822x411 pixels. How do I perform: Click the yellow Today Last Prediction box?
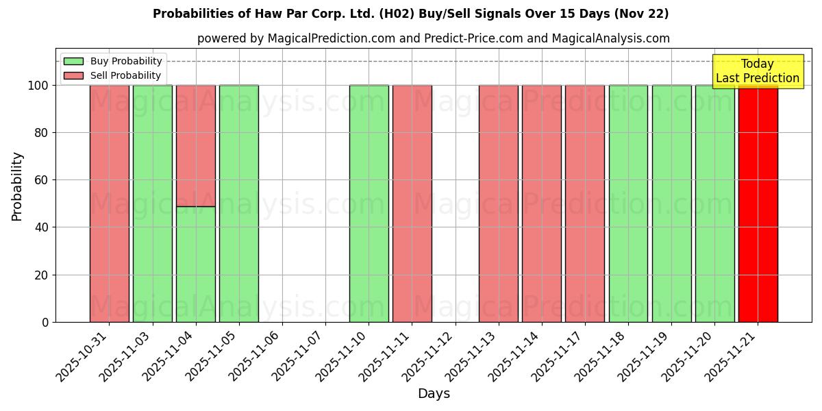757,71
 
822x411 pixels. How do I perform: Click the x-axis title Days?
434,394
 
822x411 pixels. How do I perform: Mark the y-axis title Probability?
17,186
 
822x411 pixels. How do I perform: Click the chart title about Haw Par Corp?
410,14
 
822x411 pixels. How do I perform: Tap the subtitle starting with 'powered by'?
433,38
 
